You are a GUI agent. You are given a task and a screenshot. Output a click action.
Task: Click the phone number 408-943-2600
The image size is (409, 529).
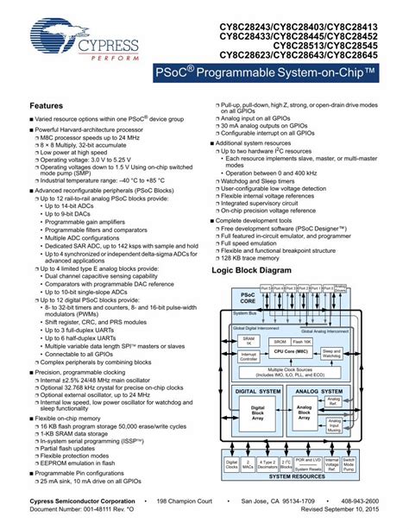point(380,509)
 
